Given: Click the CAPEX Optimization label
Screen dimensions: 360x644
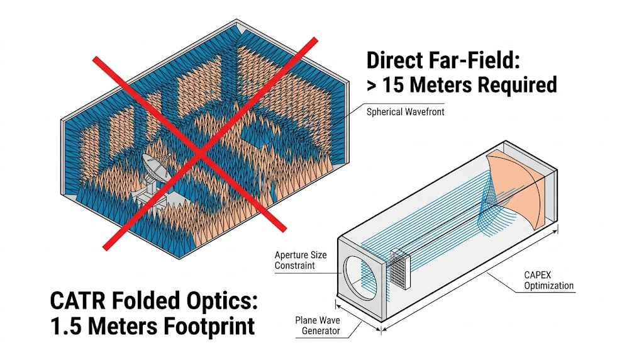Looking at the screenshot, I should coord(549,280).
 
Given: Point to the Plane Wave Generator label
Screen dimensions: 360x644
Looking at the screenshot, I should coord(318,325).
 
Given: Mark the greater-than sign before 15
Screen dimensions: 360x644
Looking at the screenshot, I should coord(373,84).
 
